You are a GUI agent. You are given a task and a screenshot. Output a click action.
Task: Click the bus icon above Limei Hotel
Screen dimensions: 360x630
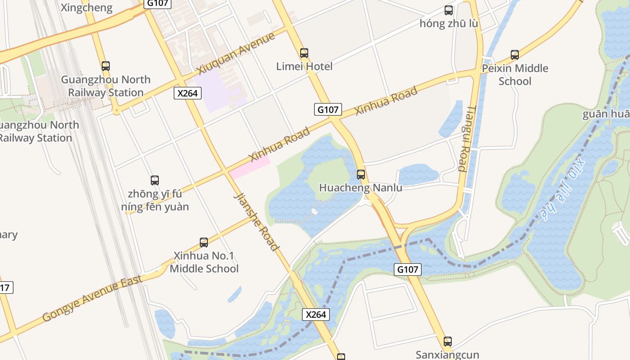click(x=304, y=53)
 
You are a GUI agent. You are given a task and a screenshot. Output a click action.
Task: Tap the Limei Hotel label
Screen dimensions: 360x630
click(x=305, y=67)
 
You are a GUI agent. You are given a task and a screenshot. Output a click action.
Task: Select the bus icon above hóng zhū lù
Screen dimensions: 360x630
click(x=449, y=10)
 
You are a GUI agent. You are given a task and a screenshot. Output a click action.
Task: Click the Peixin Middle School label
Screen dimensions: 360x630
click(x=515, y=75)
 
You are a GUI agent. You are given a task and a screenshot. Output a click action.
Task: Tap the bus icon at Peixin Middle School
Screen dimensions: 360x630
click(x=515, y=55)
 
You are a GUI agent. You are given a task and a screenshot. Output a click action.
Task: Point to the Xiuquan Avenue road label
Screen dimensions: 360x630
click(x=236, y=54)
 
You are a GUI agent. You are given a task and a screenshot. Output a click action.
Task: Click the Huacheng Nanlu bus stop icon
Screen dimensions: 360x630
click(x=361, y=175)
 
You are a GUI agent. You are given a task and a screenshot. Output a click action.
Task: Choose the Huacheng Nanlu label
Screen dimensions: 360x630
click(x=360, y=188)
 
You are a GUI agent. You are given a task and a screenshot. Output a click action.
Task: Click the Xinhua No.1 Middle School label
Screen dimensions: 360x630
click(x=204, y=262)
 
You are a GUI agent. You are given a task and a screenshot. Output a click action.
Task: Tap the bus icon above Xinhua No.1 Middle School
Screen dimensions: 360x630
click(x=204, y=243)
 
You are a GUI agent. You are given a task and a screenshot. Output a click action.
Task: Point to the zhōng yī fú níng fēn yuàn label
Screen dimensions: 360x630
click(x=155, y=201)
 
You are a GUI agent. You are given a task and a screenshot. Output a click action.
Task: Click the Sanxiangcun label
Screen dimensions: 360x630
click(x=447, y=355)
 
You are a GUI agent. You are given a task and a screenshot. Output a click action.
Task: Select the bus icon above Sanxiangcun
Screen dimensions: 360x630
click(x=447, y=342)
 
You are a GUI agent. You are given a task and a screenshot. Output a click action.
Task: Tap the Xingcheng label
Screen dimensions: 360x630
click(x=86, y=8)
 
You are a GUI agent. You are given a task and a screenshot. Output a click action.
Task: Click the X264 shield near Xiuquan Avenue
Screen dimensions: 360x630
click(x=188, y=93)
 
